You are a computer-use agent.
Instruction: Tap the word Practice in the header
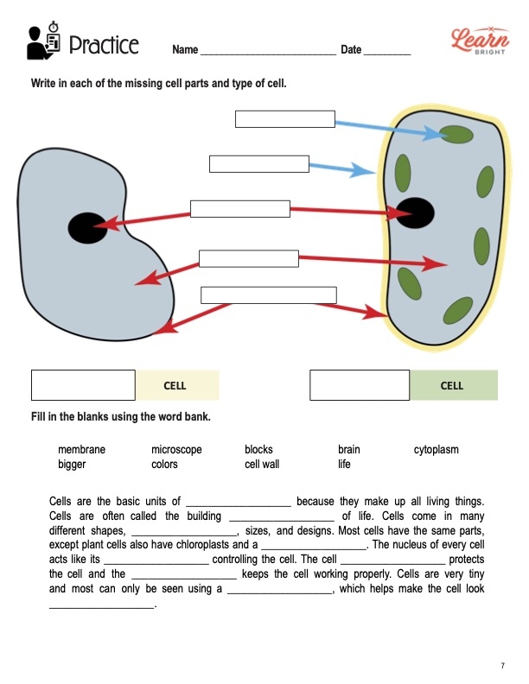[x=103, y=45]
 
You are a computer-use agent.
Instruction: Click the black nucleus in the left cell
[x=86, y=227]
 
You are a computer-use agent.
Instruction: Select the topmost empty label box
[x=284, y=119]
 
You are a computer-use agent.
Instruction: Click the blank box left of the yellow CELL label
[x=83, y=385]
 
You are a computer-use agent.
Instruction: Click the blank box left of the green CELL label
[x=360, y=385]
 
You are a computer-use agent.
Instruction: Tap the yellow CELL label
[x=175, y=385]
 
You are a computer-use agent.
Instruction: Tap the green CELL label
[x=453, y=385]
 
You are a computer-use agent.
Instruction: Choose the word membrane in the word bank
[x=81, y=450]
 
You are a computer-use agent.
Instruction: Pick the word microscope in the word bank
[x=176, y=450]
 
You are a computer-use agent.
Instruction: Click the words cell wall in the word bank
[x=262, y=465]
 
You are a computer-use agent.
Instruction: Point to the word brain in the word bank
[x=349, y=450]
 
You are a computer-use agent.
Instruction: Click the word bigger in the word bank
[x=72, y=465]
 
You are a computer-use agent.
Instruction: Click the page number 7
[x=502, y=665]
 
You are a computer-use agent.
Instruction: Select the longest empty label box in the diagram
[x=268, y=294]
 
